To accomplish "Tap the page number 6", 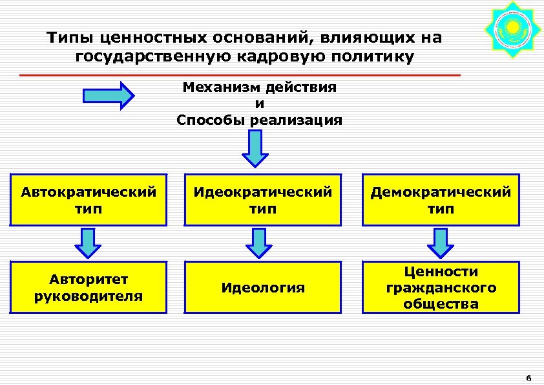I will [528, 379].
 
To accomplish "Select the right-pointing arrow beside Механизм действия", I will [109, 95].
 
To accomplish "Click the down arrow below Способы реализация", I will [256, 148].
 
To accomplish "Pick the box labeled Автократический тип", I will [89, 200].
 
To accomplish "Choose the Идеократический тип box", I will [262, 200].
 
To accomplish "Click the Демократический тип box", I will [441, 200].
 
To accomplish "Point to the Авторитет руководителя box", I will [89, 287].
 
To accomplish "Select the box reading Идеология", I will [262, 287].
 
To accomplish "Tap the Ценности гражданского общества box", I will [441, 287].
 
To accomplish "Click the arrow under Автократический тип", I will [89, 243].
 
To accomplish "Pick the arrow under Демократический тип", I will [441, 243].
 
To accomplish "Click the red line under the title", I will [240, 76].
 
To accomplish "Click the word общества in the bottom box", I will [441, 303].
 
